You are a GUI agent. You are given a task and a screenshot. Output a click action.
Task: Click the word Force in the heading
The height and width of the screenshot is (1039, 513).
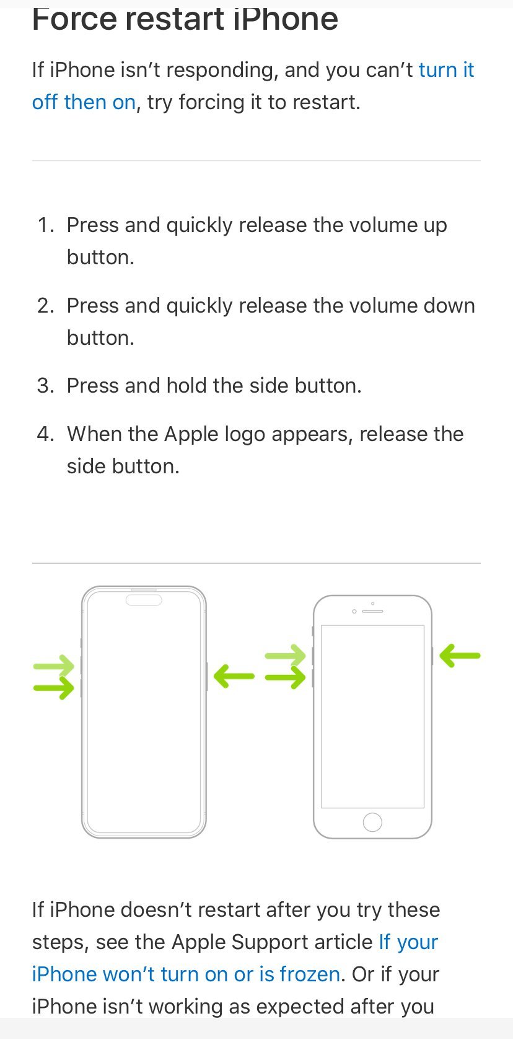(x=74, y=19)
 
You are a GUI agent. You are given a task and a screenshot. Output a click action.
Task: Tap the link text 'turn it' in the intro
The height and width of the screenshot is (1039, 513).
(x=446, y=70)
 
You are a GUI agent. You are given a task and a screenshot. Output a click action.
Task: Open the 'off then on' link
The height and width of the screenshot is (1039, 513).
(x=84, y=102)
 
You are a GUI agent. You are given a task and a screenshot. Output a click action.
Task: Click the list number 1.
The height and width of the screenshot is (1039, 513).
(x=45, y=225)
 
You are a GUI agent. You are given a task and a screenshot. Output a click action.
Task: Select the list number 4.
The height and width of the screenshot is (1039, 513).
(x=45, y=434)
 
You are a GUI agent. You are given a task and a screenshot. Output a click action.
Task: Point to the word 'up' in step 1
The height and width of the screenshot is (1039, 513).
(x=435, y=226)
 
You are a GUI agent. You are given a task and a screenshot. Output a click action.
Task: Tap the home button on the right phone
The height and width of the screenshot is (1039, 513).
(x=372, y=823)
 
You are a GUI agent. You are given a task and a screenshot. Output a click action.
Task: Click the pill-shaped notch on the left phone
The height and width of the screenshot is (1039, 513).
(x=144, y=600)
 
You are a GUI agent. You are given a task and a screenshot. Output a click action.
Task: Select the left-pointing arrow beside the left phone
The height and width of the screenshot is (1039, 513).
(x=234, y=676)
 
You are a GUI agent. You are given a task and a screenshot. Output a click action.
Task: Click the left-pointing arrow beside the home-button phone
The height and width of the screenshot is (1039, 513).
(x=460, y=656)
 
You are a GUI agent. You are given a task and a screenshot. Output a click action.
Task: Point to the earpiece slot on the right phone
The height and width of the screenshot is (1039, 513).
(x=372, y=612)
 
